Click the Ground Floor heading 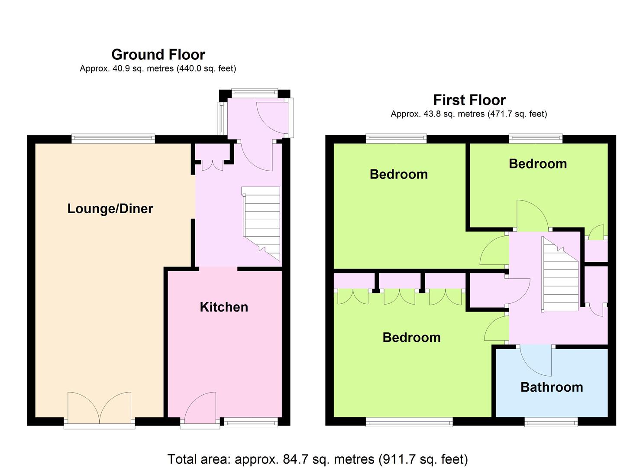click(158, 55)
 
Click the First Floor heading click(469, 100)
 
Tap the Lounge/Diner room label click(110, 208)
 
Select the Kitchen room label click(224, 307)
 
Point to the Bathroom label click(551, 387)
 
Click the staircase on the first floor click(560, 275)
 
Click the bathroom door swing click(536, 361)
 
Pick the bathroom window click(551, 422)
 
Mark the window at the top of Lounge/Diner click(113, 139)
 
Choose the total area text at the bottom click(317, 458)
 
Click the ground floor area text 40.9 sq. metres click(158, 68)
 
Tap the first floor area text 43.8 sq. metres click(469, 114)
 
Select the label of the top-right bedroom click(537, 163)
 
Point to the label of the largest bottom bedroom click(411, 337)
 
